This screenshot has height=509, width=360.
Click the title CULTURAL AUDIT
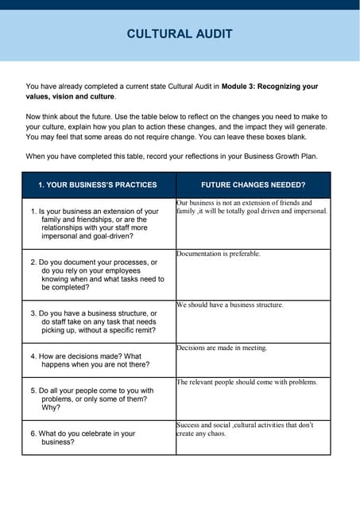(x=180, y=33)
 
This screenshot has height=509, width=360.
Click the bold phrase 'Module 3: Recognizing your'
(x=269, y=86)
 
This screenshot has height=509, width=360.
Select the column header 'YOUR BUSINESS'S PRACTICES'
(x=98, y=185)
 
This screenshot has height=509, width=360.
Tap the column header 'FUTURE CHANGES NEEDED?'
(x=253, y=185)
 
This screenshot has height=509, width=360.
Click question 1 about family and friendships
(x=95, y=223)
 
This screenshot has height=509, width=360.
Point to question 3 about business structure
(x=94, y=321)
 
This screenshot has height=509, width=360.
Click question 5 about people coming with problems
(x=92, y=398)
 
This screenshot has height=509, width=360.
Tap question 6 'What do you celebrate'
(x=83, y=437)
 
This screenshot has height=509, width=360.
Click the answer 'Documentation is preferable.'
(x=219, y=254)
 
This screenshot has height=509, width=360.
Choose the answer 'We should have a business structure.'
(x=230, y=305)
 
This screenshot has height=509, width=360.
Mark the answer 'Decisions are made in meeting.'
(x=222, y=348)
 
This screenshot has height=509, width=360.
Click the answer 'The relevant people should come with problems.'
(x=247, y=382)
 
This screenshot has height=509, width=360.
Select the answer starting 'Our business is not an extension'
(x=251, y=207)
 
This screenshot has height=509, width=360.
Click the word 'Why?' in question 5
(x=50, y=407)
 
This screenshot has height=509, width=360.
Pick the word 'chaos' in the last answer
(x=215, y=433)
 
